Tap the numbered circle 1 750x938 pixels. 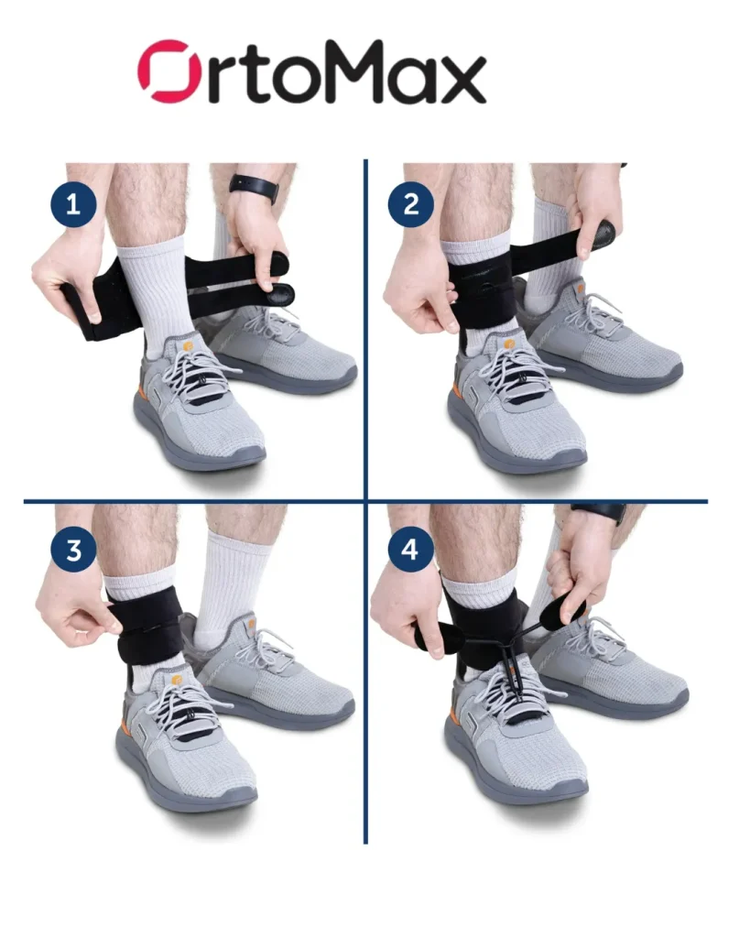(x=73, y=204)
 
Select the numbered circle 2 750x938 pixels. (x=411, y=204)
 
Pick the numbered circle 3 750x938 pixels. (x=73, y=550)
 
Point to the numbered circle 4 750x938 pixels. (x=411, y=550)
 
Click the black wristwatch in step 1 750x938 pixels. (x=255, y=187)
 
